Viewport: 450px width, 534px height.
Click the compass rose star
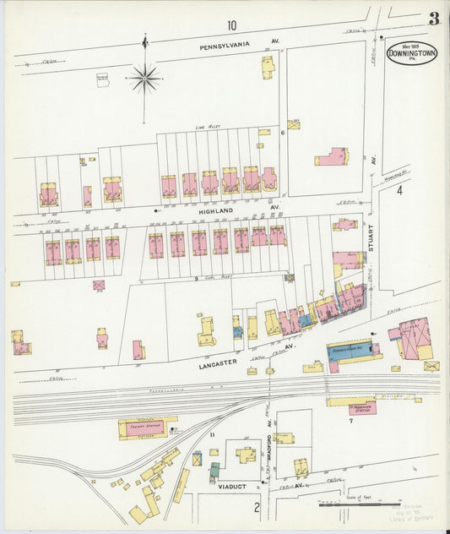pyautogui.click(x=145, y=79)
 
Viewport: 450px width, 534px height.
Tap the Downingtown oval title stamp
pyautogui.click(x=412, y=54)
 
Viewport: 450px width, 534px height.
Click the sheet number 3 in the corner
pyautogui.click(x=432, y=18)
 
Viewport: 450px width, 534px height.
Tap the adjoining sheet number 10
pyautogui.click(x=231, y=25)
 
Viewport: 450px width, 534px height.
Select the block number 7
pyautogui.click(x=350, y=420)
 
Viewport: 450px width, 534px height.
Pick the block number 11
pyautogui.click(x=213, y=434)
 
